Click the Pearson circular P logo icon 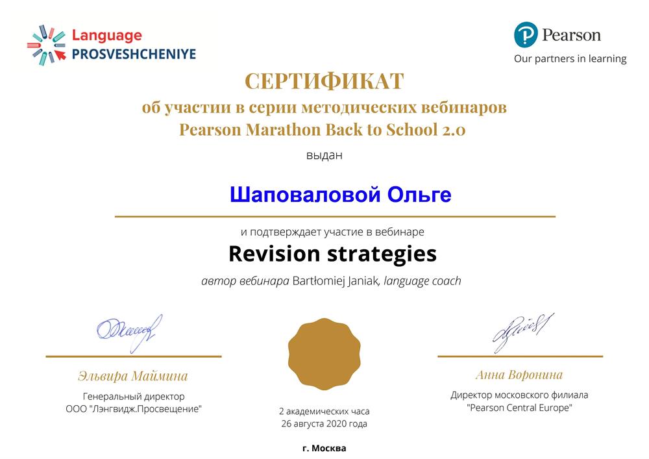click(x=526, y=35)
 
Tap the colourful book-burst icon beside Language click(x=47, y=45)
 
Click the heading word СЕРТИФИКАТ click(x=324, y=81)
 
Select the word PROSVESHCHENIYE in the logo click(x=134, y=54)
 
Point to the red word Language click(x=107, y=36)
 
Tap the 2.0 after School click(x=454, y=130)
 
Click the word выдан click(x=324, y=155)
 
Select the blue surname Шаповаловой click(x=305, y=195)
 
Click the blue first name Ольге click(x=419, y=195)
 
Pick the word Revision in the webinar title click(x=274, y=254)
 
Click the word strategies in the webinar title click(x=382, y=254)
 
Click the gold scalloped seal click(x=324, y=354)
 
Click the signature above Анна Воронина click(x=523, y=332)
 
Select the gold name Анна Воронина click(x=519, y=375)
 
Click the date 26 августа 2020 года click(x=324, y=424)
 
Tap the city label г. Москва click(x=324, y=448)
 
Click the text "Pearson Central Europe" click(x=519, y=408)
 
